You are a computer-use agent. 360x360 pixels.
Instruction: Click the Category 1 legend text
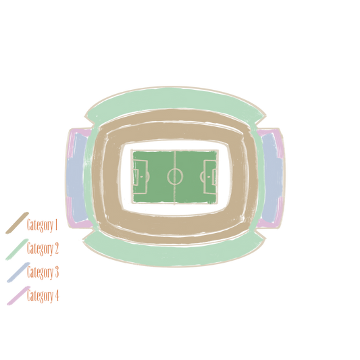coord(42,225)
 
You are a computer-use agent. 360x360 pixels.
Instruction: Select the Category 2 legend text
coord(43,249)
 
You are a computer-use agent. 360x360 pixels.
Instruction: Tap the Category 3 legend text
coord(43,272)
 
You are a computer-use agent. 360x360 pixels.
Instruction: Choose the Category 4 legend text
coord(43,295)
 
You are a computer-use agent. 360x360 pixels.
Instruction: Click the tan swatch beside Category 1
coord(17,223)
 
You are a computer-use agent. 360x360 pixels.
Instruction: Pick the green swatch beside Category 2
coord(17,249)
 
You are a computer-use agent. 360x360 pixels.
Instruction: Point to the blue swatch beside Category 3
coord(18,272)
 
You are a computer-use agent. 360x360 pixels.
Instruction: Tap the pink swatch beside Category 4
coord(19,296)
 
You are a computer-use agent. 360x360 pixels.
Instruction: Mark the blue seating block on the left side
coord(77,178)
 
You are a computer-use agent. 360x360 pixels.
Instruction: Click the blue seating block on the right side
coord(273,178)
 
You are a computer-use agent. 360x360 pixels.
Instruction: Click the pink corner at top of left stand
coord(79,133)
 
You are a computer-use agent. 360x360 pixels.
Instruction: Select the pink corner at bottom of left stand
coord(79,223)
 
